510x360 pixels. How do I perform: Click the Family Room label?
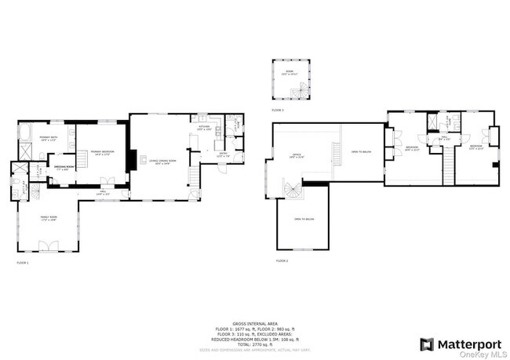(x=49, y=218)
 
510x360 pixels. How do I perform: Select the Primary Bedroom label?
(x=100, y=152)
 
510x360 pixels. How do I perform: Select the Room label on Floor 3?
(x=291, y=74)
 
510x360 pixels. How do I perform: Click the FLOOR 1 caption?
(x=23, y=263)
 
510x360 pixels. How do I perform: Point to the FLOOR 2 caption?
(x=282, y=260)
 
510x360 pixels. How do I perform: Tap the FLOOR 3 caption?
(x=278, y=111)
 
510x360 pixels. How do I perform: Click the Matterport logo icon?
(x=428, y=344)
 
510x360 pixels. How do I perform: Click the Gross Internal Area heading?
(x=255, y=322)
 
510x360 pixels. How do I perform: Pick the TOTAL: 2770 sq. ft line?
(x=255, y=344)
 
